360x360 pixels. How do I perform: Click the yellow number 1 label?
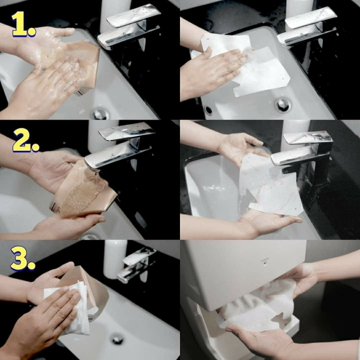[x=24, y=24]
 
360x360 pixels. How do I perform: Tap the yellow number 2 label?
[x=25, y=140]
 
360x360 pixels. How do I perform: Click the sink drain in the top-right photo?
[x=282, y=105]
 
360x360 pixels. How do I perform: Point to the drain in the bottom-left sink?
[x=117, y=339]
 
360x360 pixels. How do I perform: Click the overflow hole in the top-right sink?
[x=208, y=110]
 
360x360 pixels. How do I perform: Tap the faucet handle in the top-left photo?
[x=133, y=15]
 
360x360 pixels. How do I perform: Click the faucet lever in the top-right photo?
[x=311, y=17]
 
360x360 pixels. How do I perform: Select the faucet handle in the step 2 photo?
[x=127, y=131]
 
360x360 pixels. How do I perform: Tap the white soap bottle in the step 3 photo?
[x=115, y=259]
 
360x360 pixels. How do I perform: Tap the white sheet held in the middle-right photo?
[x=269, y=184]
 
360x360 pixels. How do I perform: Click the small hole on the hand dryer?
[x=265, y=264]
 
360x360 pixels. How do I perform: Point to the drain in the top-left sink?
[x=100, y=114]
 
